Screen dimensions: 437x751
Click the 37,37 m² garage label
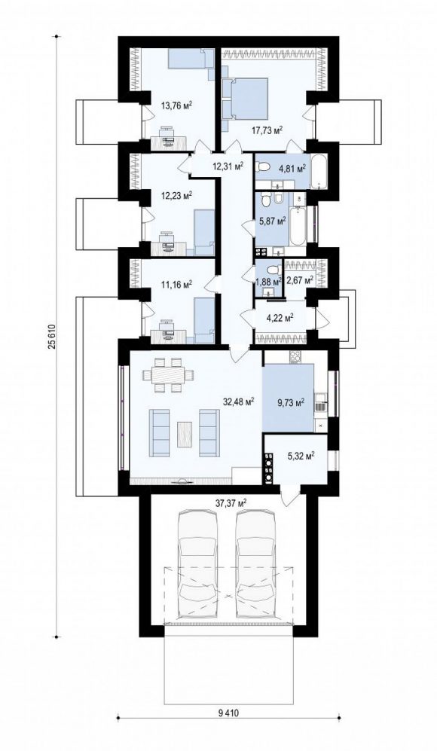pos(231,502)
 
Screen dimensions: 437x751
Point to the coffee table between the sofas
pos(185,434)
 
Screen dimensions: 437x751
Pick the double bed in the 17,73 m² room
pos(247,98)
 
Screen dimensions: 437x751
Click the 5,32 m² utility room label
pos(301,456)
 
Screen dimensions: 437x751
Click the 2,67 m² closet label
pos(299,279)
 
